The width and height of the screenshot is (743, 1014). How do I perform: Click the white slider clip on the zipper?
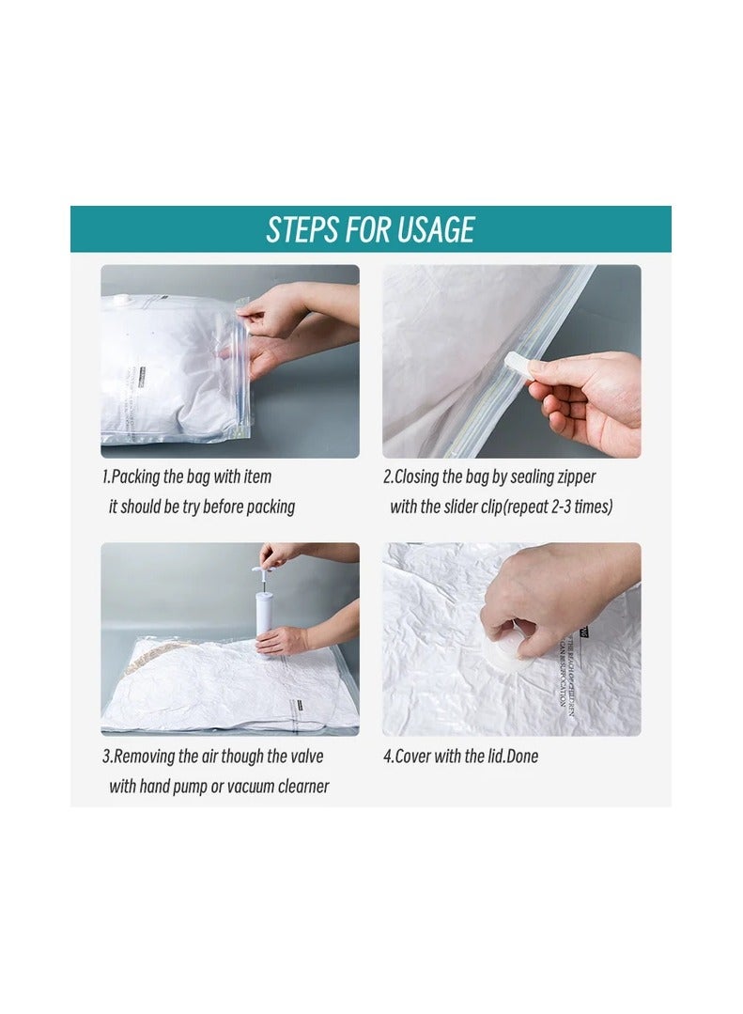(x=517, y=365)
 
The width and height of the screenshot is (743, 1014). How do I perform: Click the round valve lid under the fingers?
(x=506, y=648)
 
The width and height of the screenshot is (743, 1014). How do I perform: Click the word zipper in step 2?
(x=575, y=476)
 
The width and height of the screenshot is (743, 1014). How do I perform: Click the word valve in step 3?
(x=302, y=757)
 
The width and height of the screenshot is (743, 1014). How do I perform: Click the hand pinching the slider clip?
(x=582, y=395)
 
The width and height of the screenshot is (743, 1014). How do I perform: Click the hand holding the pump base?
(x=282, y=641)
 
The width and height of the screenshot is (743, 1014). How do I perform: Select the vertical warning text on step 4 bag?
(x=569, y=677)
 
